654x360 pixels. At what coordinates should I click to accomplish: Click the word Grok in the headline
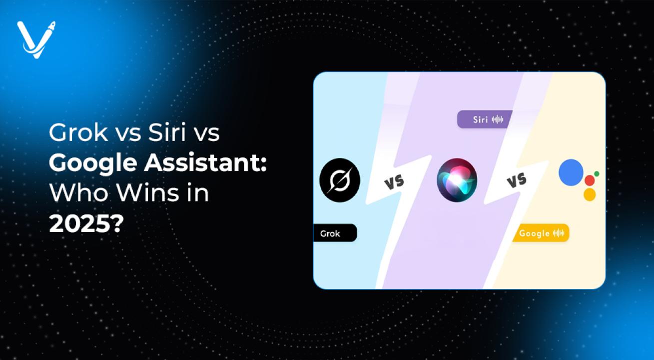(78, 132)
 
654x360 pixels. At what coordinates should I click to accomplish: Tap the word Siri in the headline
(167, 132)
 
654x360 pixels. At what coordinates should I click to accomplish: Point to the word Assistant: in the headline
(205, 163)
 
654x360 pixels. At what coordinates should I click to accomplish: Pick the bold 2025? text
(86, 224)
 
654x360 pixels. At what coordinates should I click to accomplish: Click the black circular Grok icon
(340, 180)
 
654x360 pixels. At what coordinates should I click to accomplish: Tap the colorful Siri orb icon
(457, 180)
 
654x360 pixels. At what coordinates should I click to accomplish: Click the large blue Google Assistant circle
(571, 172)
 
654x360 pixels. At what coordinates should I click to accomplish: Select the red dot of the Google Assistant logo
(590, 180)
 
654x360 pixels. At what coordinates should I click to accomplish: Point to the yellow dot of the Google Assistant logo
(590, 194)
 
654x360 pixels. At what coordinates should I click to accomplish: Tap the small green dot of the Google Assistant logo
(597, 174)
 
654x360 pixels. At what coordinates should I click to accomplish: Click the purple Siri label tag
(485, 119)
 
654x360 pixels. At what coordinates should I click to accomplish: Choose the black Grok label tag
(335, 233)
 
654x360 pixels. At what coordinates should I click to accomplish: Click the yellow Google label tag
(541, 233)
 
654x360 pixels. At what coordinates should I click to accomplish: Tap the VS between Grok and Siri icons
(394, 182)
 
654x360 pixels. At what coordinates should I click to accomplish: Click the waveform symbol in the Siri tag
(497, 119)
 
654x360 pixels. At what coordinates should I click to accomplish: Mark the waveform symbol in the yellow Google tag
(559, 233)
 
